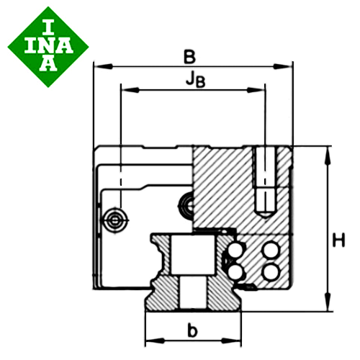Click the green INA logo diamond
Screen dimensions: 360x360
48,47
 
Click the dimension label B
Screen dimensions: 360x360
189,57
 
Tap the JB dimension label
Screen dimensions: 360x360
196,80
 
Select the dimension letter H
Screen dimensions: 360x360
338,240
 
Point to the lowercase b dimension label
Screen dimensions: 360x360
192,330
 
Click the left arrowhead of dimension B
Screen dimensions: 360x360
103,66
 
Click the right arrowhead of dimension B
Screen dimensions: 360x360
283,66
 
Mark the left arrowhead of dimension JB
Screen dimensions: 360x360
130,90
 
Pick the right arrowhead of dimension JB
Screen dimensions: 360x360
256,90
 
